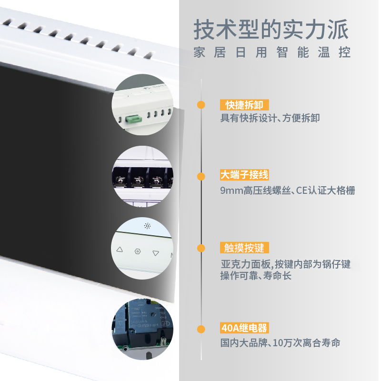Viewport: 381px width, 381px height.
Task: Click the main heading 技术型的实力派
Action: point(271,30)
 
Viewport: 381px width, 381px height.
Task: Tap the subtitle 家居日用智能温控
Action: point(272,52)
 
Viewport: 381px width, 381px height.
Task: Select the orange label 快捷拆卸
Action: point(244,105)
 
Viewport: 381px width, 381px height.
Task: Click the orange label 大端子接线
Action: point(244,175)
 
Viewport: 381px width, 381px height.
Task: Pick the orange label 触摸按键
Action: point(244,248)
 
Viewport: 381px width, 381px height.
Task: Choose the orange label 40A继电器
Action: point(244,328)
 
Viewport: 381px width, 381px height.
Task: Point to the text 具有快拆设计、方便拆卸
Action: point(270,118)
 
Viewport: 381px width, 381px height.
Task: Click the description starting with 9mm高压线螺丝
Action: point(288,190)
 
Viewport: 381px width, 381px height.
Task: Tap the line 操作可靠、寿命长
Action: point(256,276)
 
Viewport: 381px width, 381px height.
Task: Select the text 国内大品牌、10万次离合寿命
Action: point(280,343)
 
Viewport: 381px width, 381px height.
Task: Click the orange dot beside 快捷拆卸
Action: point(201,105)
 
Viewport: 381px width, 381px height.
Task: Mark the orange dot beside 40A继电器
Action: point(201,329)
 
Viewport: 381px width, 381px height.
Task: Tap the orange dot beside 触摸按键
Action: point(201,248)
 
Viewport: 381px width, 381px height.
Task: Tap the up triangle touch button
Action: point(120,249)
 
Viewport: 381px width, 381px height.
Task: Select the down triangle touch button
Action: point(156,253)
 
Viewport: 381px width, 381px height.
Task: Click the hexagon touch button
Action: point(138,251)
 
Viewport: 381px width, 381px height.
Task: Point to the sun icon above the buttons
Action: point(147,226)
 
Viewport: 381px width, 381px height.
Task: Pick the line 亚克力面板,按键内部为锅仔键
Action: point(285,264)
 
